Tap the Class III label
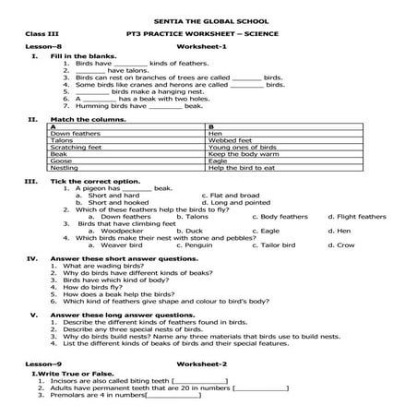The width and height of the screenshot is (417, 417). click(41, 34)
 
